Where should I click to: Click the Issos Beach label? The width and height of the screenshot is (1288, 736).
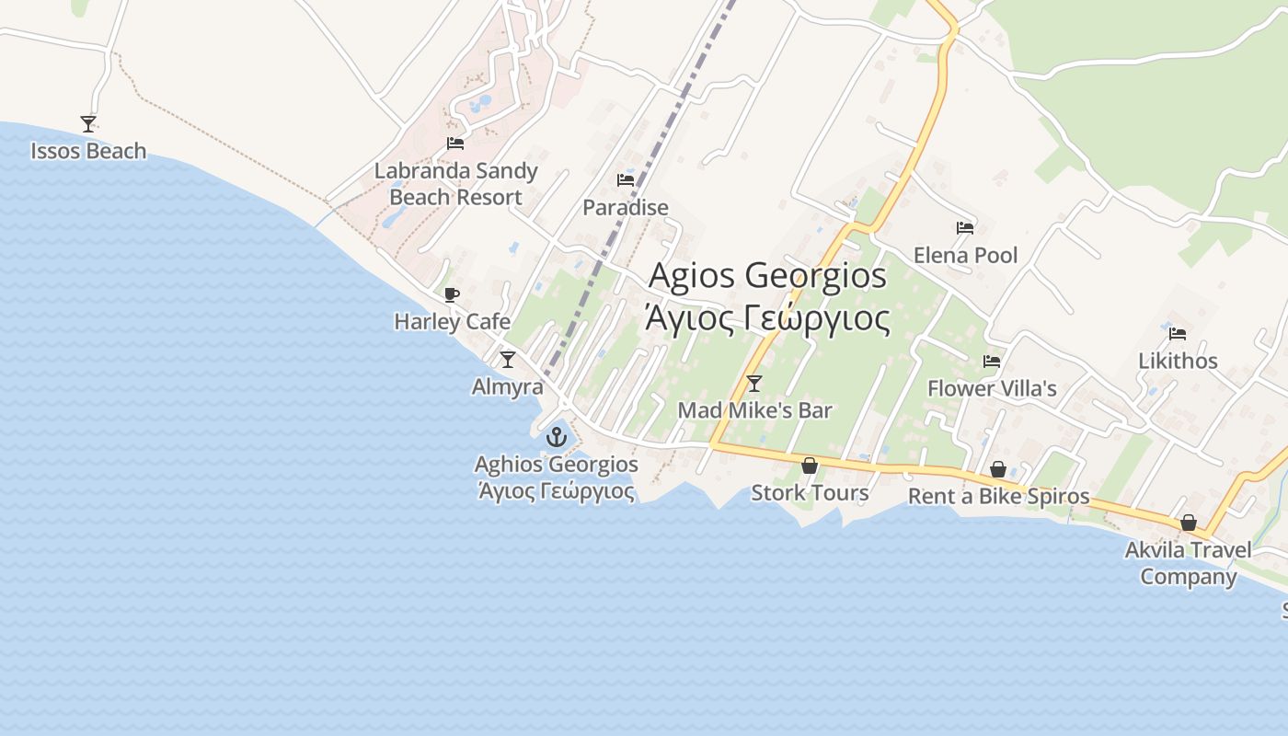[88, 151]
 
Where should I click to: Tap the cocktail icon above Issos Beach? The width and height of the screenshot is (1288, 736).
[88, 123]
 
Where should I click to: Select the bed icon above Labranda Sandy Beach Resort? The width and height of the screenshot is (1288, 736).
[454, 144]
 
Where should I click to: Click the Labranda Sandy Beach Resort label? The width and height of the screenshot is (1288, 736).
[455, 184]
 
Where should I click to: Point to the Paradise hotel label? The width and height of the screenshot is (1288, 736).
[626, 207]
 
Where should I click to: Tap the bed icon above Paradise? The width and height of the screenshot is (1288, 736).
[626, 179]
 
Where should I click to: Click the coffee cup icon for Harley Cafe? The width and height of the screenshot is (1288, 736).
[451, 294]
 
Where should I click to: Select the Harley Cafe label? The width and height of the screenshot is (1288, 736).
[452, 321]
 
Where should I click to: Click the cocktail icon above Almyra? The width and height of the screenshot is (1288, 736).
[507, 359]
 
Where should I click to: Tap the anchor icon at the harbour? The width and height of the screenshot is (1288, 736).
[555, 437]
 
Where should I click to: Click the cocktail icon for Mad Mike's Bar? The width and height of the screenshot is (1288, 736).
[754, 383]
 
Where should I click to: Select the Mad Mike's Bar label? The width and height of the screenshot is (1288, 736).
[754, 410]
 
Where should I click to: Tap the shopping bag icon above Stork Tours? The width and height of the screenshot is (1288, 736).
[810, 466]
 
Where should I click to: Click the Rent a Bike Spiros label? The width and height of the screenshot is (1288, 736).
[998, 497]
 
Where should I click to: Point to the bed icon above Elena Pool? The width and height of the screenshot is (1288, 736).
[964, 227]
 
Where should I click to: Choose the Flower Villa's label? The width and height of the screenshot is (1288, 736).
[992, 388]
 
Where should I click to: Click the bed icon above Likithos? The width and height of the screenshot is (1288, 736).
[1178, 333]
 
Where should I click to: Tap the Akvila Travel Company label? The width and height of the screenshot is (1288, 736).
[1188, 563]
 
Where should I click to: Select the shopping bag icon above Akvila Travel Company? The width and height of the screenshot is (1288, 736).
[1188, 523]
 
